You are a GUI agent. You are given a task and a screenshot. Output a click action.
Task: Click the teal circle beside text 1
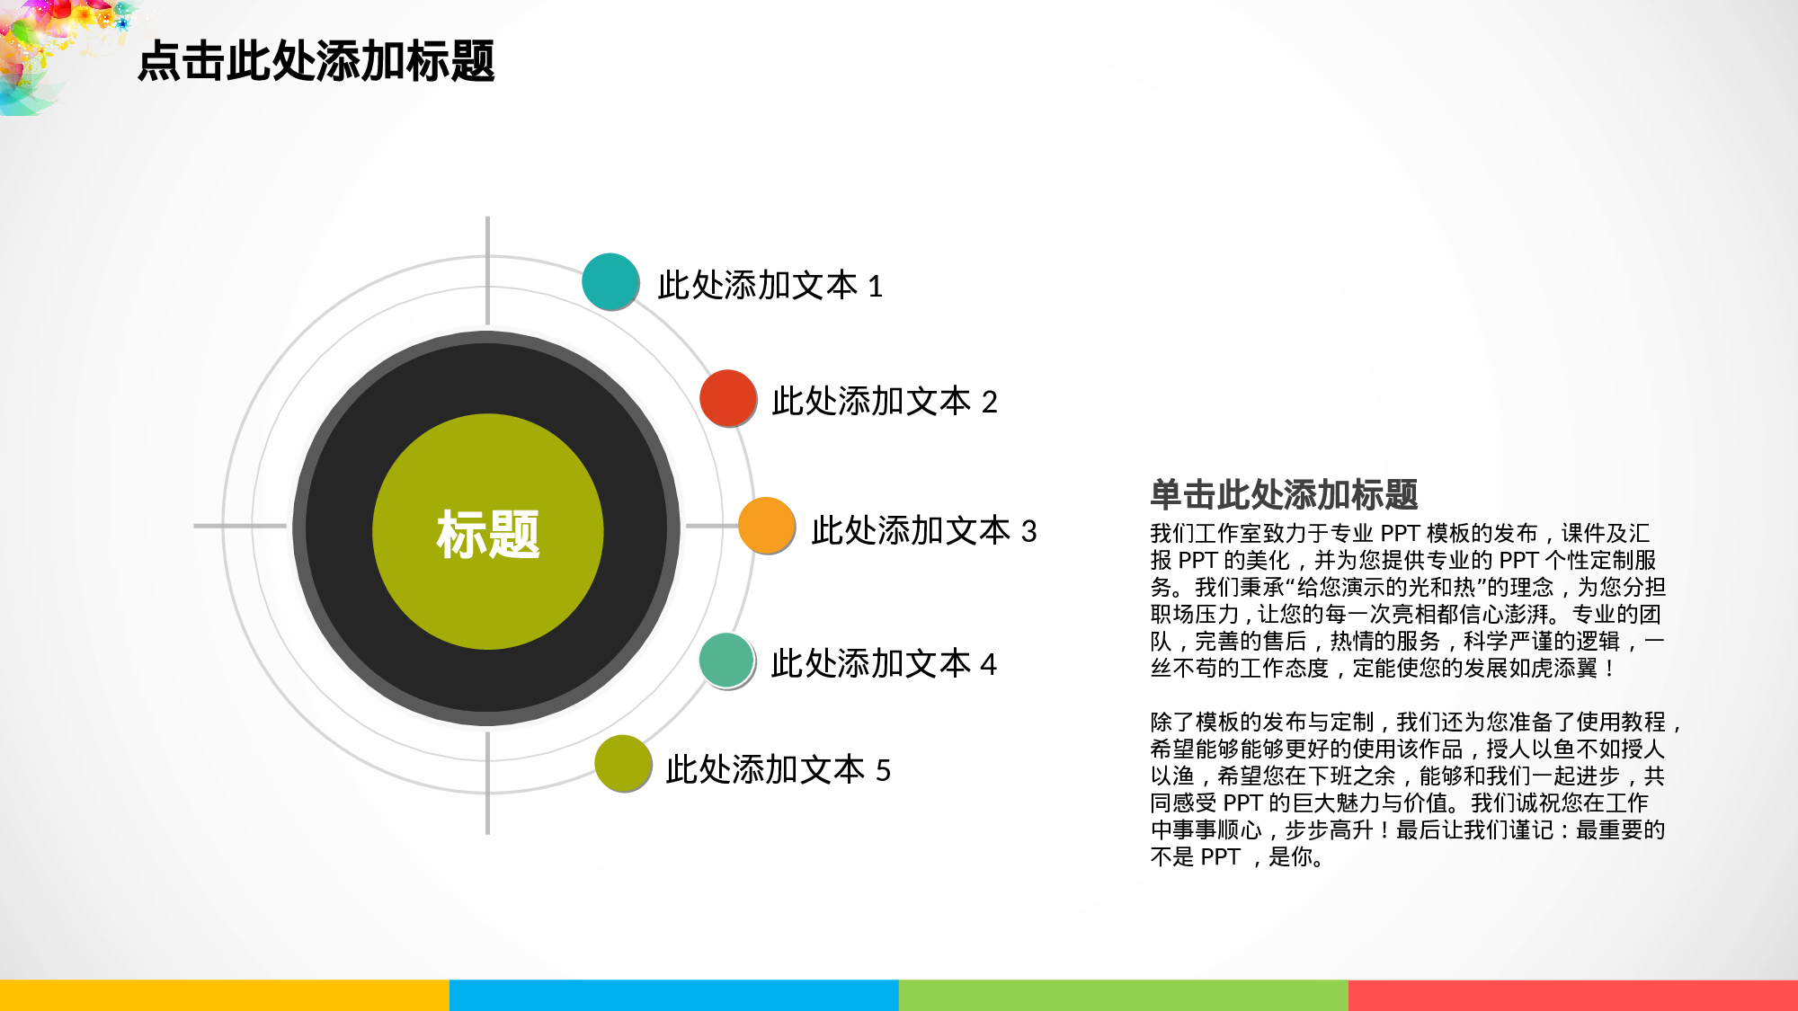tap(610, 281)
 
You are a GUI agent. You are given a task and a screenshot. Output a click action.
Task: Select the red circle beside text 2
tap(728, 397)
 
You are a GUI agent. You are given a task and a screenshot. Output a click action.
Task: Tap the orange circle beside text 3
tap(767, 526)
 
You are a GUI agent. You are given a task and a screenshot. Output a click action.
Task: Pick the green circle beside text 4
tap(726, 661)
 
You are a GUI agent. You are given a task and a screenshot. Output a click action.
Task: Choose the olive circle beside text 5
tap(623, 764)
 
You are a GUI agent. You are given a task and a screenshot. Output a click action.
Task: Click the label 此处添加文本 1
tap(770, 286)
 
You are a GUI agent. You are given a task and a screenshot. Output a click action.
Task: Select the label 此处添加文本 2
tap(885, 402)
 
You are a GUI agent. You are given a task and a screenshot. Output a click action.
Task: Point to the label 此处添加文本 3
tap(923, 531)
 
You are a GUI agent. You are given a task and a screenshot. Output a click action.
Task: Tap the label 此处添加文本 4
tap(884, 664)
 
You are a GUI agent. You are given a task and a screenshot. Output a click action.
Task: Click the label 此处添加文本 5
tap(778, 770)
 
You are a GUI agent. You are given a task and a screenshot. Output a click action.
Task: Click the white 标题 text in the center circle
tap(487, 535)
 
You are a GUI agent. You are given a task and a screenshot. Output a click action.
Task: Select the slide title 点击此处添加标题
tap(316, 61)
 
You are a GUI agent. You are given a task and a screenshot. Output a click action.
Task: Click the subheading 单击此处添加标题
tap(1283, 495)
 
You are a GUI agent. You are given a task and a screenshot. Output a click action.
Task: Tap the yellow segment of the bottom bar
tap(225, 995)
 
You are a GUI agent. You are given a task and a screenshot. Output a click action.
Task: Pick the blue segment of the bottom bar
tap(674, 995)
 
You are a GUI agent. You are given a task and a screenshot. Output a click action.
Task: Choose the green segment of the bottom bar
tap(1124, 995)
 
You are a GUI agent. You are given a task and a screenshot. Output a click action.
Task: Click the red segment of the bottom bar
tap(1573, 995)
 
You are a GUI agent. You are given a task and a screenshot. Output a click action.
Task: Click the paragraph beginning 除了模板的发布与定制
tap(1411, 789)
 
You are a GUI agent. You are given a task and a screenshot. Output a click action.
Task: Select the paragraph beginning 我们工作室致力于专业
tap(1407, 600)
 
